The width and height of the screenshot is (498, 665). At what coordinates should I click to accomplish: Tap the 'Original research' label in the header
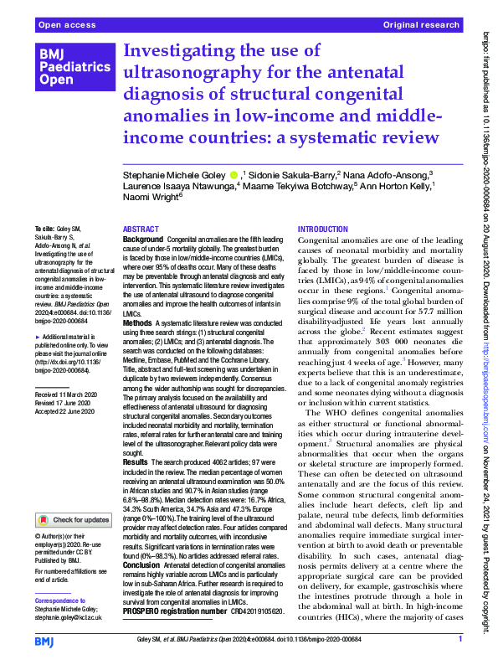click(423, 26)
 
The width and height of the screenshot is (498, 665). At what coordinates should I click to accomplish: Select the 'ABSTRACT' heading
click(141, 228)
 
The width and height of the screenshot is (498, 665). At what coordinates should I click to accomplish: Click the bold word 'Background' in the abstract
click(143, 240)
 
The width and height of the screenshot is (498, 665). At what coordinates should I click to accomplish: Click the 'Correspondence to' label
click(60, 602)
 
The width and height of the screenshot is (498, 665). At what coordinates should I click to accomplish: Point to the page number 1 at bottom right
click(460, 640)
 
